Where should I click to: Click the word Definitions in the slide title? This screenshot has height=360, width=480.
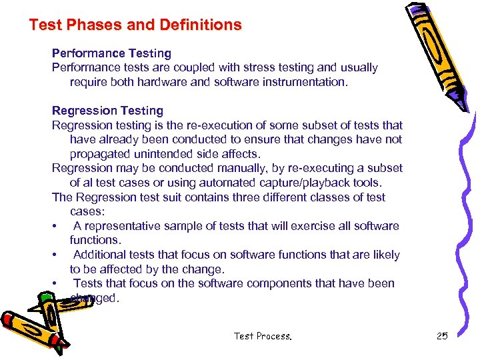point(200,25)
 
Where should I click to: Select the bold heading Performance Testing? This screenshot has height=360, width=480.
point(111,53)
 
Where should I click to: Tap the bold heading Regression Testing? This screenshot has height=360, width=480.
point(107,111)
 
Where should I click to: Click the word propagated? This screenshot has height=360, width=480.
point(100,154)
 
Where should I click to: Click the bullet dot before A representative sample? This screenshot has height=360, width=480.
point(54,226)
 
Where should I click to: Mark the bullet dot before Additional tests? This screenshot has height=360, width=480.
point(54,255)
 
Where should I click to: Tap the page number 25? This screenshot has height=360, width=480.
point(442,336)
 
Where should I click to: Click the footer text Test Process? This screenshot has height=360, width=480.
point(263,336)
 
